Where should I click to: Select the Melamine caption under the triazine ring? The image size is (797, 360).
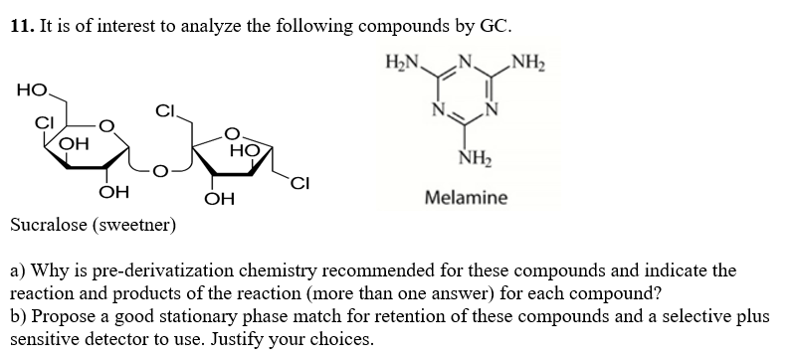point(466,198)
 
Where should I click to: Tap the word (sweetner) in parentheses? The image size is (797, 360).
point(138,225)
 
